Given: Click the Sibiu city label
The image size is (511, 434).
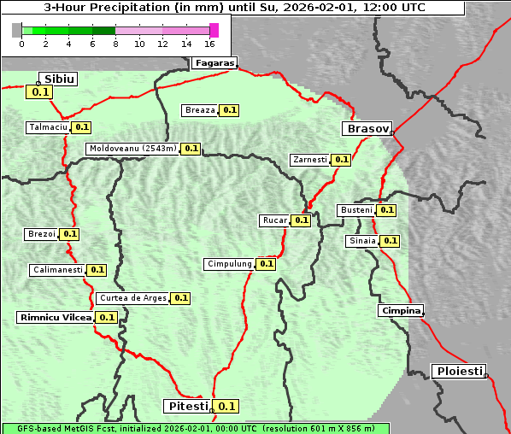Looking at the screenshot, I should (60, 79).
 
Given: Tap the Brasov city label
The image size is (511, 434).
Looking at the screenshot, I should (367, 129).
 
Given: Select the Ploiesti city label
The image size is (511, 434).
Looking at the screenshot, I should (459, 371).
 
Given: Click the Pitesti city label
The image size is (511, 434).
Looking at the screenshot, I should (186, 406).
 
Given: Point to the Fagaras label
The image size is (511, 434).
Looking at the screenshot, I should (213, 62).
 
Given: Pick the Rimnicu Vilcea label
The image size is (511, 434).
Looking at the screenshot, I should (56, 317).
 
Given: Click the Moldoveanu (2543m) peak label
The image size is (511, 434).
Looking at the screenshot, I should (132, 149).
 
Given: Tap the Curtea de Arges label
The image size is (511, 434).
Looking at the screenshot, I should (132, 298).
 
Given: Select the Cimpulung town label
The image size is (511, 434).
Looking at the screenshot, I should (230, 264).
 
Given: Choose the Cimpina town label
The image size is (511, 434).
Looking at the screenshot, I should (401, 310).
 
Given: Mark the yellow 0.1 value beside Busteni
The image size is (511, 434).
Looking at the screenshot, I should (386, 210).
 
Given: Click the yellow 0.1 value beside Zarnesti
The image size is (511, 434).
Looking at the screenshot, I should (341, 160).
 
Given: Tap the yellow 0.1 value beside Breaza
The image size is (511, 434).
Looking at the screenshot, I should (229, 110).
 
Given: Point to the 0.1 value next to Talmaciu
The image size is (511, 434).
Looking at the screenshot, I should (81, 127).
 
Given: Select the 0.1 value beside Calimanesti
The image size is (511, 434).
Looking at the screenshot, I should (97, 270).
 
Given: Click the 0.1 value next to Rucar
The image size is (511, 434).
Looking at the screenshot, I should (301, 220).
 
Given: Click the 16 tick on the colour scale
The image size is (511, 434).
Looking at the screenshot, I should (210, 43).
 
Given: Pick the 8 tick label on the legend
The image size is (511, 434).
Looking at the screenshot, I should (115, 43).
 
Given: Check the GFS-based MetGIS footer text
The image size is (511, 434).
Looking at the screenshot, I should (195, 428).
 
